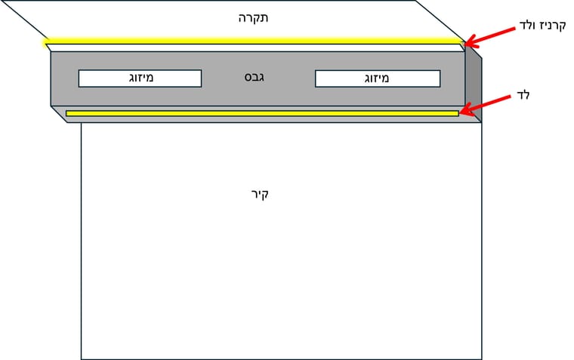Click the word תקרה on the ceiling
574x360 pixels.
point(254,17)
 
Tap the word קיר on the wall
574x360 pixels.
point(260,194)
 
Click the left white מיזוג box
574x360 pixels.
point(140,78)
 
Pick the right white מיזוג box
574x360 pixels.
point(377,78)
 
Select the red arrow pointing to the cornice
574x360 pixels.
point(491,33)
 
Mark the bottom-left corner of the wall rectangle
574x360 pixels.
point(82,358)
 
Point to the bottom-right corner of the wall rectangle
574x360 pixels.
point(481,358)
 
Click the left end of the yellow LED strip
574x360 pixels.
point(68,113)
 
